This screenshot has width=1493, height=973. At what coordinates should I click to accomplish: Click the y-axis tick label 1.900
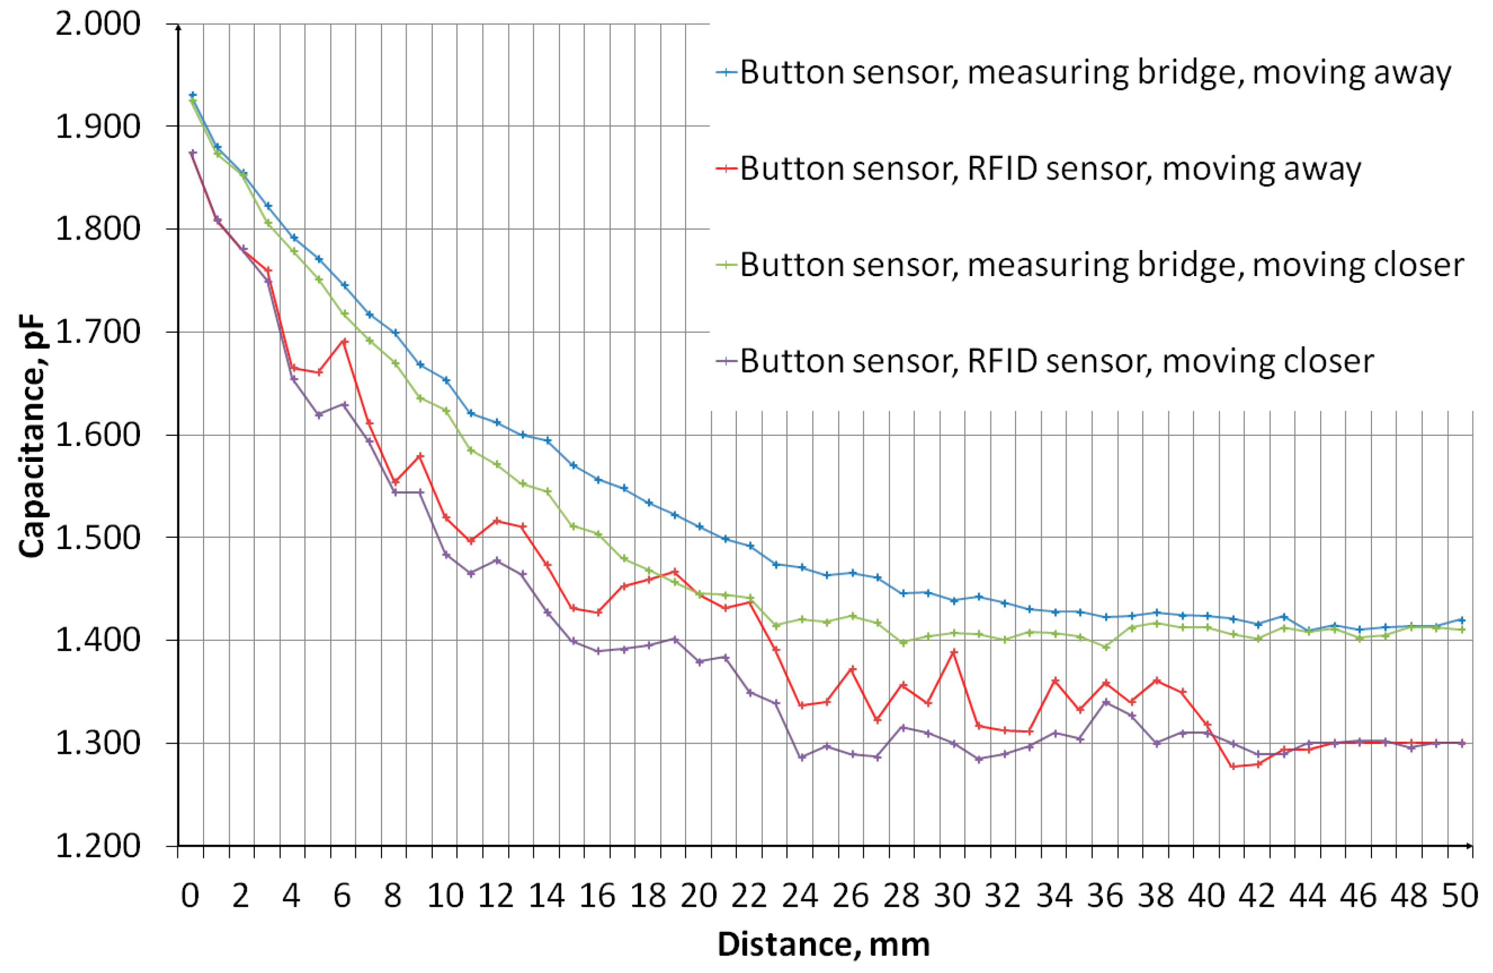point(97,126)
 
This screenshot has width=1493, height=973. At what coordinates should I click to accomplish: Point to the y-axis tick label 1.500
point(97,537)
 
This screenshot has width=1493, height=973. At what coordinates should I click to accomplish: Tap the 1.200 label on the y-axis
point(97,846)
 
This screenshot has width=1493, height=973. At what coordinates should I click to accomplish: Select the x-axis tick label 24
point(800,895)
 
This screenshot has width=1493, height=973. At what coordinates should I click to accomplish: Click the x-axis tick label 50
point(1459,895)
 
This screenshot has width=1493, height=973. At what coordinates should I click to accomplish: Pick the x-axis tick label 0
point(190,895)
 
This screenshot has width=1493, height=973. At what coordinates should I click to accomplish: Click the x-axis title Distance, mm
point(823,944)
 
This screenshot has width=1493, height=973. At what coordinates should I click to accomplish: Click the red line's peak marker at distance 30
point(954,652)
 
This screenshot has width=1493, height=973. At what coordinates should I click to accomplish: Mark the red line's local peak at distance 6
point(344,341)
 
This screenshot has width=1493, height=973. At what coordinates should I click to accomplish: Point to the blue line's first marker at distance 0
point(193,95)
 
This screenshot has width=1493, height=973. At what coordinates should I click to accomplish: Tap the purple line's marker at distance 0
point(193,152)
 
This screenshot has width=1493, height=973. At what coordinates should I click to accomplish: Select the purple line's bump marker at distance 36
point(1106,702)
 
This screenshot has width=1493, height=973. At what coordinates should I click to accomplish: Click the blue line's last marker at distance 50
point(1462,619)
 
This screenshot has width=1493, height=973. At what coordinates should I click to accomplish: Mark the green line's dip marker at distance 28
point(903,642)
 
